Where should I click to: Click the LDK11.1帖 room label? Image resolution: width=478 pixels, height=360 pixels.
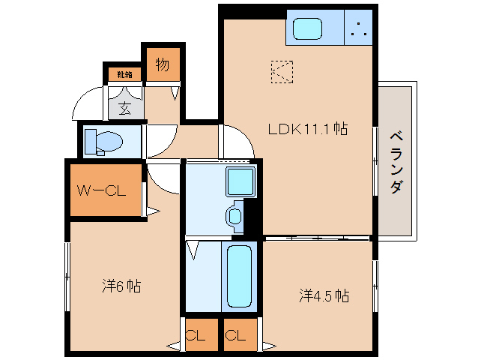point(307,129)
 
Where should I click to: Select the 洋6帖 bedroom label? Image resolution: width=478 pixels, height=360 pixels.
point(122,286)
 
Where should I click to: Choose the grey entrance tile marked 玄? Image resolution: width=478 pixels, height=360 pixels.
point(124,107)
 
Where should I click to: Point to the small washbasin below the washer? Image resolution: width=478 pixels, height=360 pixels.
point(235,217)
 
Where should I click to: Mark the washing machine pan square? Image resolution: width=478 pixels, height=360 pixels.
point(240,182)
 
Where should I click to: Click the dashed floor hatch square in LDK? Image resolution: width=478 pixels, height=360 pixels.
point(283,72)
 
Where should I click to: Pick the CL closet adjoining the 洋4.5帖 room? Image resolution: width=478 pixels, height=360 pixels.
point(238,335)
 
